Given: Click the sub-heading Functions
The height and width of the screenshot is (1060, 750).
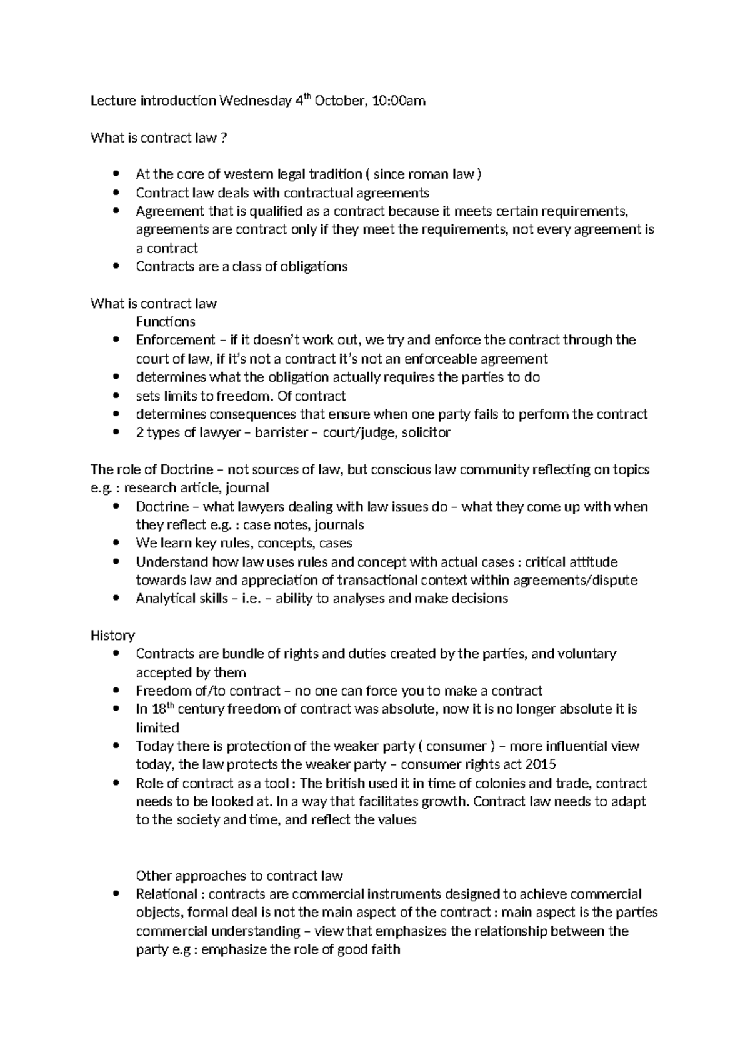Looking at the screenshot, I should (165, 322).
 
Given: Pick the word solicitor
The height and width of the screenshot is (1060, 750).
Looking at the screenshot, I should (426, 432).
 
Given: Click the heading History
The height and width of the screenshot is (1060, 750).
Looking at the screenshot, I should (112, 636).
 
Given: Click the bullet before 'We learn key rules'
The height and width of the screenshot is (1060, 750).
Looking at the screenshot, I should (116, 543).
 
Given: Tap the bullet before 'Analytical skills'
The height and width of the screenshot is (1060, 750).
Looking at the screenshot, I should (116, 599).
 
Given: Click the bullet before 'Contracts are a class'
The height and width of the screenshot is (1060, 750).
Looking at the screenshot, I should (116, 267).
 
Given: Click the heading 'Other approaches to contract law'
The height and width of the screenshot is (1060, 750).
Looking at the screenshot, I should (239, 876).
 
